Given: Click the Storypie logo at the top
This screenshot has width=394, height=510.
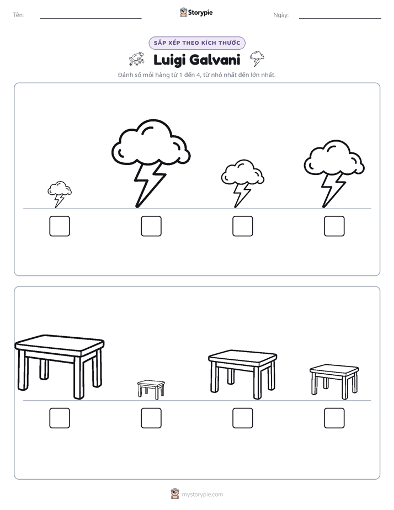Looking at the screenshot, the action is coord(196,12).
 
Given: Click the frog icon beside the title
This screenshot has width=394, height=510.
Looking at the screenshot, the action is coord(136,59).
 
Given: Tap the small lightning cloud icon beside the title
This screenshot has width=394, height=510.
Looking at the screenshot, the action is coord(257,59).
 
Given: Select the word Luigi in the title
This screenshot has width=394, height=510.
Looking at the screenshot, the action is coord(168,60).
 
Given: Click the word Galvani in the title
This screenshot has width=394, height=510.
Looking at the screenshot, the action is coord(215,60).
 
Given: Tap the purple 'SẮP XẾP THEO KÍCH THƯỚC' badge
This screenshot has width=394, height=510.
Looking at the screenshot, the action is coord(197,43).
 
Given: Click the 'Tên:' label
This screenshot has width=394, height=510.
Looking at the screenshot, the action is coord(18,15).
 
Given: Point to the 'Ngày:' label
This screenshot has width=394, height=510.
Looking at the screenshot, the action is coord(281,15).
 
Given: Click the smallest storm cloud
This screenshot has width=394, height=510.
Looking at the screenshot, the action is coord(60,194).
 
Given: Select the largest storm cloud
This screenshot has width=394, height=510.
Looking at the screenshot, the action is coord(151,163).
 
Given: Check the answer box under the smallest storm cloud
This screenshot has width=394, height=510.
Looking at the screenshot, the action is coord(60,226).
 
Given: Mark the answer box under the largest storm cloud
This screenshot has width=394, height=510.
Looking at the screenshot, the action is coord(151,226).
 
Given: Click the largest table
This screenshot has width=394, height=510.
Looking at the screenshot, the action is coord(60,366).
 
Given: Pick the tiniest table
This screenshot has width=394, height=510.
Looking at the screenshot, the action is coord(151,389).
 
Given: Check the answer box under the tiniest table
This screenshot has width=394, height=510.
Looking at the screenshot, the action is coord(151,418).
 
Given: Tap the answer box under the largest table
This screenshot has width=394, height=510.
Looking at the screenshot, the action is coord(60,418).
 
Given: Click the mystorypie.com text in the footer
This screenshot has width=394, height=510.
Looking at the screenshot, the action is coord(202,495).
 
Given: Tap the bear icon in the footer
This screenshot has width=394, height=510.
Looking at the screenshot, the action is coord(175,494).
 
